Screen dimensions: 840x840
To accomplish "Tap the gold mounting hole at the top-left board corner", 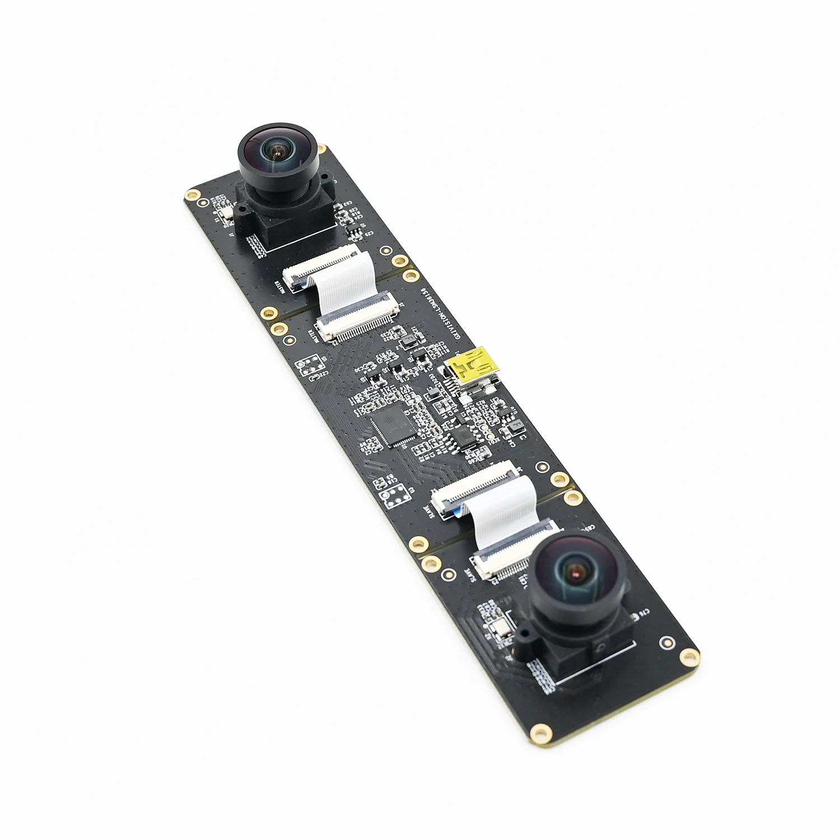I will [192, 195].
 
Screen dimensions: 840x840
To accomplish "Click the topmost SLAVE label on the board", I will [428, 507].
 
